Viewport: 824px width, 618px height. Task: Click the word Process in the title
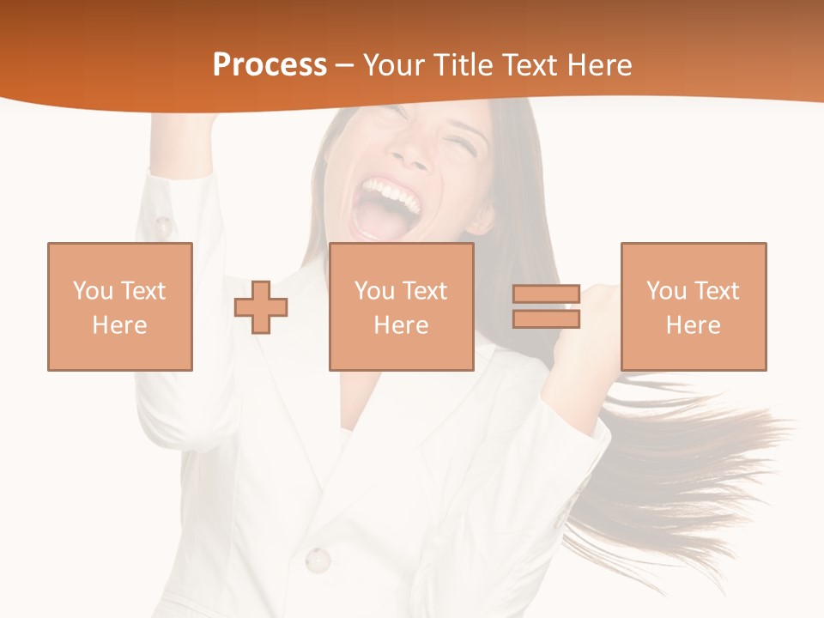(x=270, y=65)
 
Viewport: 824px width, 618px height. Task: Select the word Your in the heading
(x=395, y=65)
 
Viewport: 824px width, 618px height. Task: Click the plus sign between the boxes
(x=262, y=307)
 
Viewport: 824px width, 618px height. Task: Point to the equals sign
(x=546, y=306)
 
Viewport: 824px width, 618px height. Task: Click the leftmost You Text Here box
(x=120, y=306)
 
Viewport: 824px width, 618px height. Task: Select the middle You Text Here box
(x=402, y=306)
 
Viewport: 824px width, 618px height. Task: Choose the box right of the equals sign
(x=694, y=306)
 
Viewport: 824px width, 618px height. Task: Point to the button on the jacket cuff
(x=161, y=227)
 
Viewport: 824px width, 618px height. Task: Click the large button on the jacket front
(x=318, y=560)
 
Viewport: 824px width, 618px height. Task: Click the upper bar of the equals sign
(x=546, y=294)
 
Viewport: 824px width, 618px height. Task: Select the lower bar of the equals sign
(x=546, y=319)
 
